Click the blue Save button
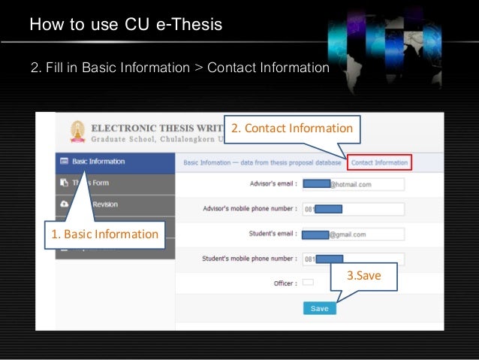pos(319,308)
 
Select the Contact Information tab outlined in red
pos(379,162)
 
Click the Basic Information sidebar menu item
pos(98,162)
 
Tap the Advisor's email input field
pos(354,184)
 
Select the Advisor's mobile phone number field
pos(354,209)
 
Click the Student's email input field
pos(354,234)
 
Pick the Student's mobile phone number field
pos(354,259)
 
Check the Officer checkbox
pos(308,283)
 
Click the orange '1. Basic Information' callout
pos(104,234)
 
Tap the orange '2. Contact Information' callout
pos(291,129)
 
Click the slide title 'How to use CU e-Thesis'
pos(126,25)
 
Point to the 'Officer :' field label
pos(284,283)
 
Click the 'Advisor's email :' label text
pos(271,183)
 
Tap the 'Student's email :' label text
pos(273,234)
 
